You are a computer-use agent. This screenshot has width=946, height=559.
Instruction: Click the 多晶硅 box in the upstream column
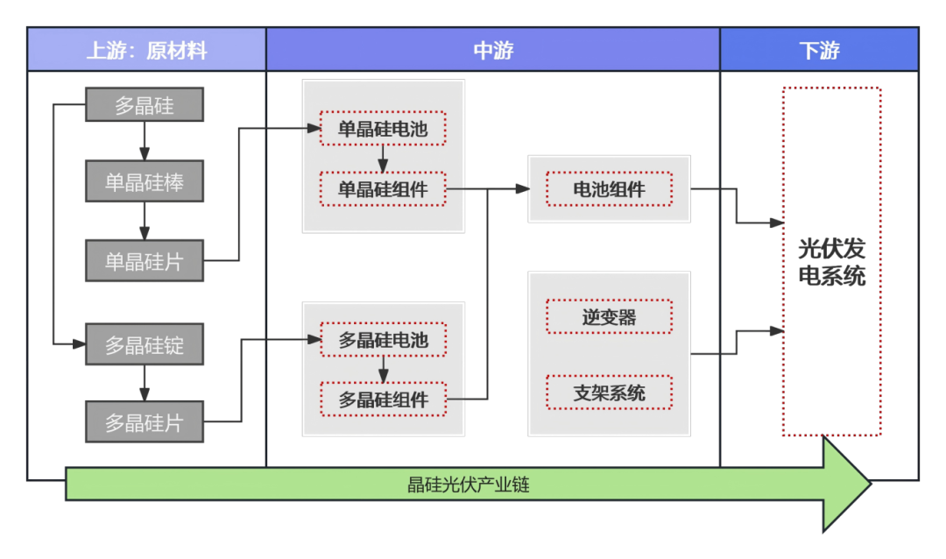click(145, 105)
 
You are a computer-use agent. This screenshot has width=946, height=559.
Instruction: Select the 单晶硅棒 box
click(145, 181)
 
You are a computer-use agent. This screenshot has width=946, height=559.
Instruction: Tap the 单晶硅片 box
click(145, 260)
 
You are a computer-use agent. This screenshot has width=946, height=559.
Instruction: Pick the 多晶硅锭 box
click(145, 344)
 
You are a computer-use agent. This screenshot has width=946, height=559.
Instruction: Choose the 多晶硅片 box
click(145, 422)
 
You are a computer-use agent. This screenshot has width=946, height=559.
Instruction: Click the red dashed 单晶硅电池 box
click(383, 129)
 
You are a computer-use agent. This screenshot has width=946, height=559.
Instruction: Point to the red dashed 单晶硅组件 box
click(383, 188)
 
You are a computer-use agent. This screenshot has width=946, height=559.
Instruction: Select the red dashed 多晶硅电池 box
click(383, 339)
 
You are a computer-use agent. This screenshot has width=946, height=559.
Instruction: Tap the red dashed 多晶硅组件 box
click(383, 400)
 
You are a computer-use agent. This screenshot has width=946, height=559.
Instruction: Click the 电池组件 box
click(609, 189)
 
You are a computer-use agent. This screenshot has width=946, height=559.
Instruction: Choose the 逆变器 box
click(609, 316)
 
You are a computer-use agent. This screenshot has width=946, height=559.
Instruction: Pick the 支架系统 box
click(609, 393)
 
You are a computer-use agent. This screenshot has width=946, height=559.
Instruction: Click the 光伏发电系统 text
click(831, 262)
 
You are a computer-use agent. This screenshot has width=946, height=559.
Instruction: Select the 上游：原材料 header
click(146, 50)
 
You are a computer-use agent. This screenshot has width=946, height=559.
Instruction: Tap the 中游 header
click(493, 50)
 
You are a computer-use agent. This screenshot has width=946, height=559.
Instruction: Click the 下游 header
click(819, 50)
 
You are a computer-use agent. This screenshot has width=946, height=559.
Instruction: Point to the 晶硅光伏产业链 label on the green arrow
click(469, 485)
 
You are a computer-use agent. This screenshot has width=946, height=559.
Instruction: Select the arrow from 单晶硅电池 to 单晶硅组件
click(383, 159)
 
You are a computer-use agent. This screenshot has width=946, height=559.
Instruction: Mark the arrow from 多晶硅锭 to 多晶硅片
click(145, 383)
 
